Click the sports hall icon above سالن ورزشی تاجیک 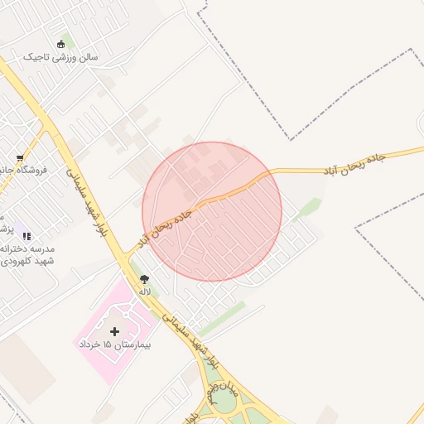tap(60, 44)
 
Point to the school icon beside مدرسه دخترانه tap(26, 237)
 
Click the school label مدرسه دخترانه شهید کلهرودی tap(28, 255)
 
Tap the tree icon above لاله tap(145, 279)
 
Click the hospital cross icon tap(114, 331)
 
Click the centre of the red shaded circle tap(212, 211)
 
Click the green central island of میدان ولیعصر tap(223, 402)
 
